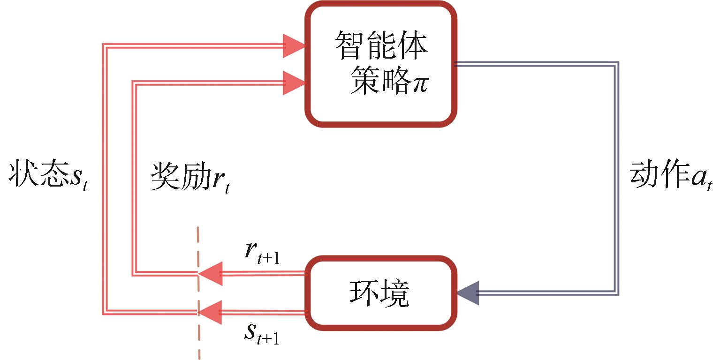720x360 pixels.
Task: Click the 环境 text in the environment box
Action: click(x=379, y=294)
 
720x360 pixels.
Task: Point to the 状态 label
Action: click(x=37, y=175)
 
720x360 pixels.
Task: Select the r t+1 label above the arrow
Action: click(x=262, y=254)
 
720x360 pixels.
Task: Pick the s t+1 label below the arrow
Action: click(x=262, y=334)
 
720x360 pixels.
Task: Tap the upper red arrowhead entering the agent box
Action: click(x=294, y=46)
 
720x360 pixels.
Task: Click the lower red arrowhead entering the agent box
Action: click(x=294, y=82)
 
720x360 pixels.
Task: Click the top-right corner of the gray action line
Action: click(x=616, y=64)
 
